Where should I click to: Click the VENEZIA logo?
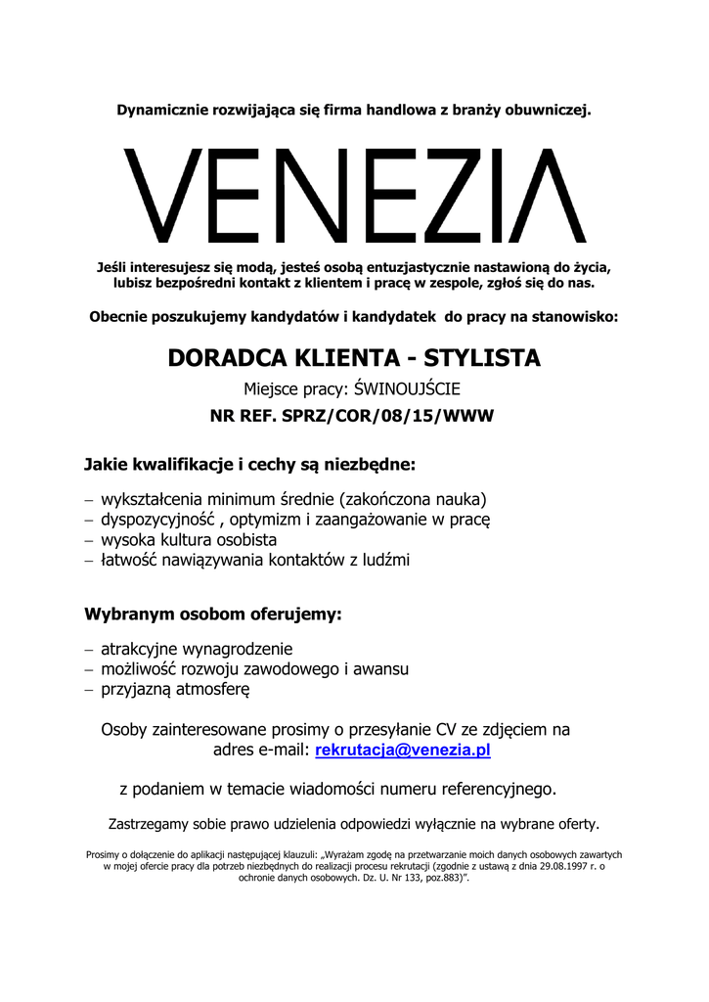pos(354,196)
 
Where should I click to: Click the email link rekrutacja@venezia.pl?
pos(402,751)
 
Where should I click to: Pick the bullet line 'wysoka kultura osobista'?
pos(189,539)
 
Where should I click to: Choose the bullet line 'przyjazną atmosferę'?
pos(176,690)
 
